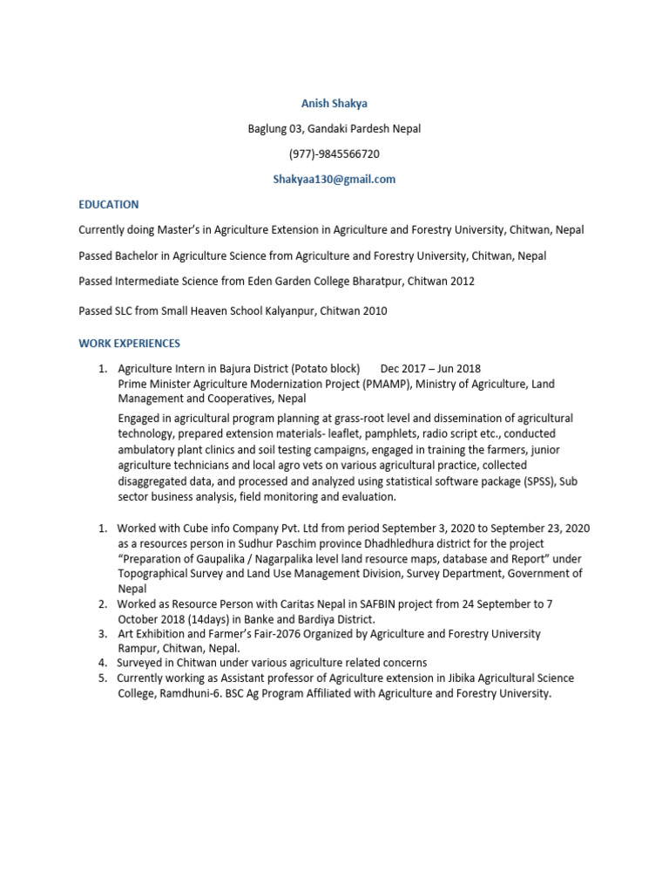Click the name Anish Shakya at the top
point(334,104)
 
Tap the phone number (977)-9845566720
point(334,153)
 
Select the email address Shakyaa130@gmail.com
point(334,179)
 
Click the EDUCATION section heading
point(108,204)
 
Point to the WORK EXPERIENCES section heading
point(129,344)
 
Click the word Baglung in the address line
point(267,129)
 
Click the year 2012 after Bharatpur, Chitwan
point(463,282)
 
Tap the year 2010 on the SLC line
point(374,310)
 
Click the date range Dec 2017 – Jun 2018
point(430,369)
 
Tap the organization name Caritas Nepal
point(288,603)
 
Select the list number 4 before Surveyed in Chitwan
point(102,663)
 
